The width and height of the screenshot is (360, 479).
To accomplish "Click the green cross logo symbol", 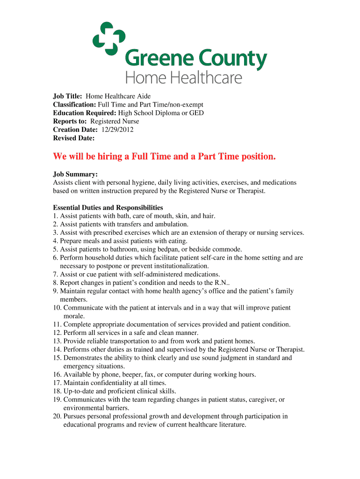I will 108,37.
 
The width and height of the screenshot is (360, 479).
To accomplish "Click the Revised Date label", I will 74,138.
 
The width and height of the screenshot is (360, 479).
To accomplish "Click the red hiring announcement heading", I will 164,156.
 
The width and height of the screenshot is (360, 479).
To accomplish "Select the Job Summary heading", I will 75,174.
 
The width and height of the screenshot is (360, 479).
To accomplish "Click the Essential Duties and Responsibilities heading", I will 108,208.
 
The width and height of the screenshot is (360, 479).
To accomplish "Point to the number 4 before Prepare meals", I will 55,241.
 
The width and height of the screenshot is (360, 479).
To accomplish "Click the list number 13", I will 57,341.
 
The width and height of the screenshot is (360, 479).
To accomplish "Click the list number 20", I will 57,416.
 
